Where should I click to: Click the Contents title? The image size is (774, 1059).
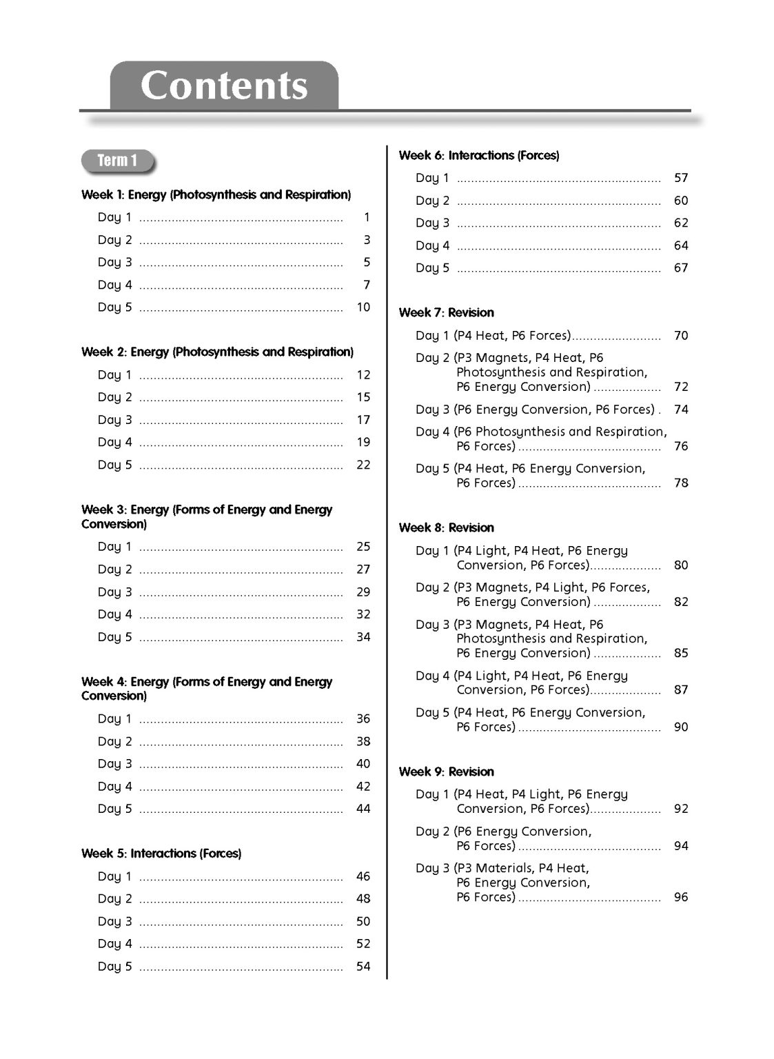(x=224, y=85)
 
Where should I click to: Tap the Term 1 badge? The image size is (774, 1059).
(x=118, y=161)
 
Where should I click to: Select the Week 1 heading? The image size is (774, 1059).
(x=216, y=194)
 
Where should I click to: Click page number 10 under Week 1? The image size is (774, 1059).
(x=363, y=307)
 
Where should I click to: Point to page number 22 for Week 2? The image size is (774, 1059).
(x=363, y=465)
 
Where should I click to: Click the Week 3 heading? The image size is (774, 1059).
(x=207, y=516)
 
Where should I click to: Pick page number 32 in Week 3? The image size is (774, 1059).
(x=363, y=614)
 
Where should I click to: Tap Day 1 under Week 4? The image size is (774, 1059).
(x=114, y=718)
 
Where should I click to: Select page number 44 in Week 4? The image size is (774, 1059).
(x=363, y=809)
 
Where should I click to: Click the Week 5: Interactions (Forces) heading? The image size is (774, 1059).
(x=161, y=854)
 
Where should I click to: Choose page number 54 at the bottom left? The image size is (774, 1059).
(x=363, y=967)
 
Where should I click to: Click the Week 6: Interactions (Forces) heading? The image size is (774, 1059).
(x=479, y=155)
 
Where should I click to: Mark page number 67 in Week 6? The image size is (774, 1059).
(x=681, y=268)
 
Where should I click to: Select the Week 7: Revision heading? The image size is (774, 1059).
(x=447, y=312)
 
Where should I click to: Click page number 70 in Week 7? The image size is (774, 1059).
(x=681, y=336)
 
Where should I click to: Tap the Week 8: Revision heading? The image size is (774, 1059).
(x=447, y=527)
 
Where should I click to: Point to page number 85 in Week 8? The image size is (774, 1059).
(x=681, y=653)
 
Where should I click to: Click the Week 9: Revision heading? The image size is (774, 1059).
(x=447, y=771)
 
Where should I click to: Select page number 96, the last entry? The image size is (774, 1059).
(x=681, y=897)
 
